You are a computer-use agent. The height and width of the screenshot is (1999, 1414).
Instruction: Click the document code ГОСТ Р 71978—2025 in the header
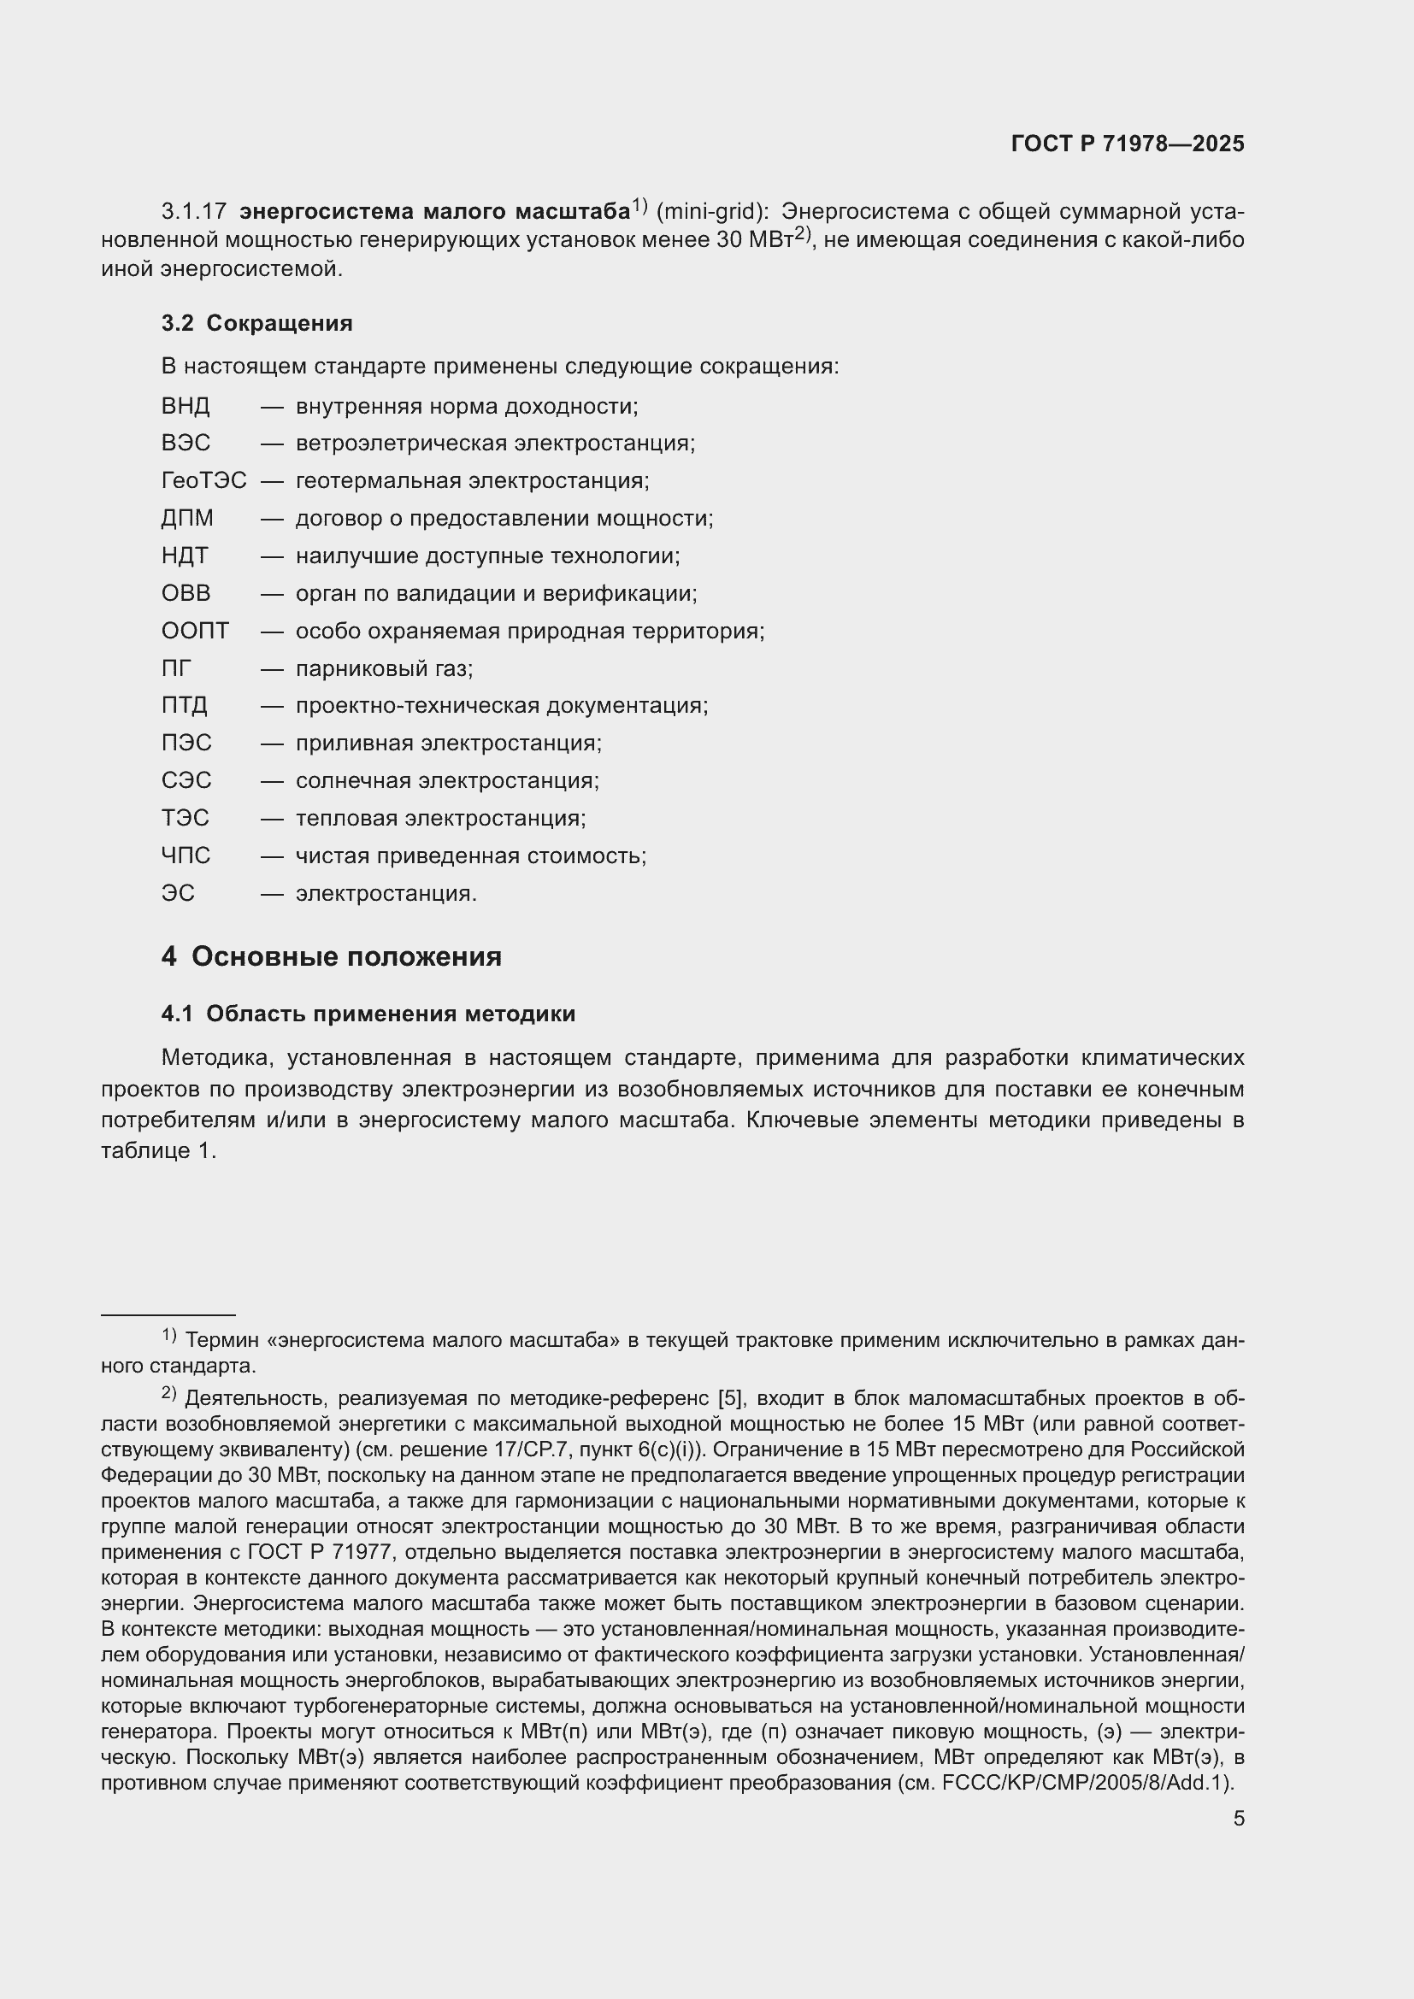(1128, 144)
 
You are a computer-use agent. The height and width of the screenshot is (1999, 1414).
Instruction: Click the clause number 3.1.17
(193, 212)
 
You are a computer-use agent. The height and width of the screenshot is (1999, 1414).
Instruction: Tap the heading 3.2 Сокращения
(256, 323)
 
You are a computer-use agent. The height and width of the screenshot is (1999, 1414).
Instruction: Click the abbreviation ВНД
(186, 407)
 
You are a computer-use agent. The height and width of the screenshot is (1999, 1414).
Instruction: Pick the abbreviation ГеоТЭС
(203, 480)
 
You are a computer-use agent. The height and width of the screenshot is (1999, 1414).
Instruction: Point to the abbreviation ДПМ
(187, 519)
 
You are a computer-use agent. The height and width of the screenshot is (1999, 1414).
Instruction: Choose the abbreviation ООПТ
(195, 632)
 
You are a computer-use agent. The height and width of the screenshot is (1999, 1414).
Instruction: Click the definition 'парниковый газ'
(384, 668)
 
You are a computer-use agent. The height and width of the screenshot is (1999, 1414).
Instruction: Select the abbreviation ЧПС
(186, 855)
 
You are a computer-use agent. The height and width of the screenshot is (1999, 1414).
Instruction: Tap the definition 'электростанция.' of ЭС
(386, 893)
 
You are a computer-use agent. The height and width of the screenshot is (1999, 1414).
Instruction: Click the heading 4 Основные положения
(332, 957)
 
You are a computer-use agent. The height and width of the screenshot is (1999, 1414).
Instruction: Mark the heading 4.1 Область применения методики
(368, 1014)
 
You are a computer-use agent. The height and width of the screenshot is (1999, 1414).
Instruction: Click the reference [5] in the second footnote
(729, 1398)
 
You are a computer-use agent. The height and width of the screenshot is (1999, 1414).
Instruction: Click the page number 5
(1238, 1818)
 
